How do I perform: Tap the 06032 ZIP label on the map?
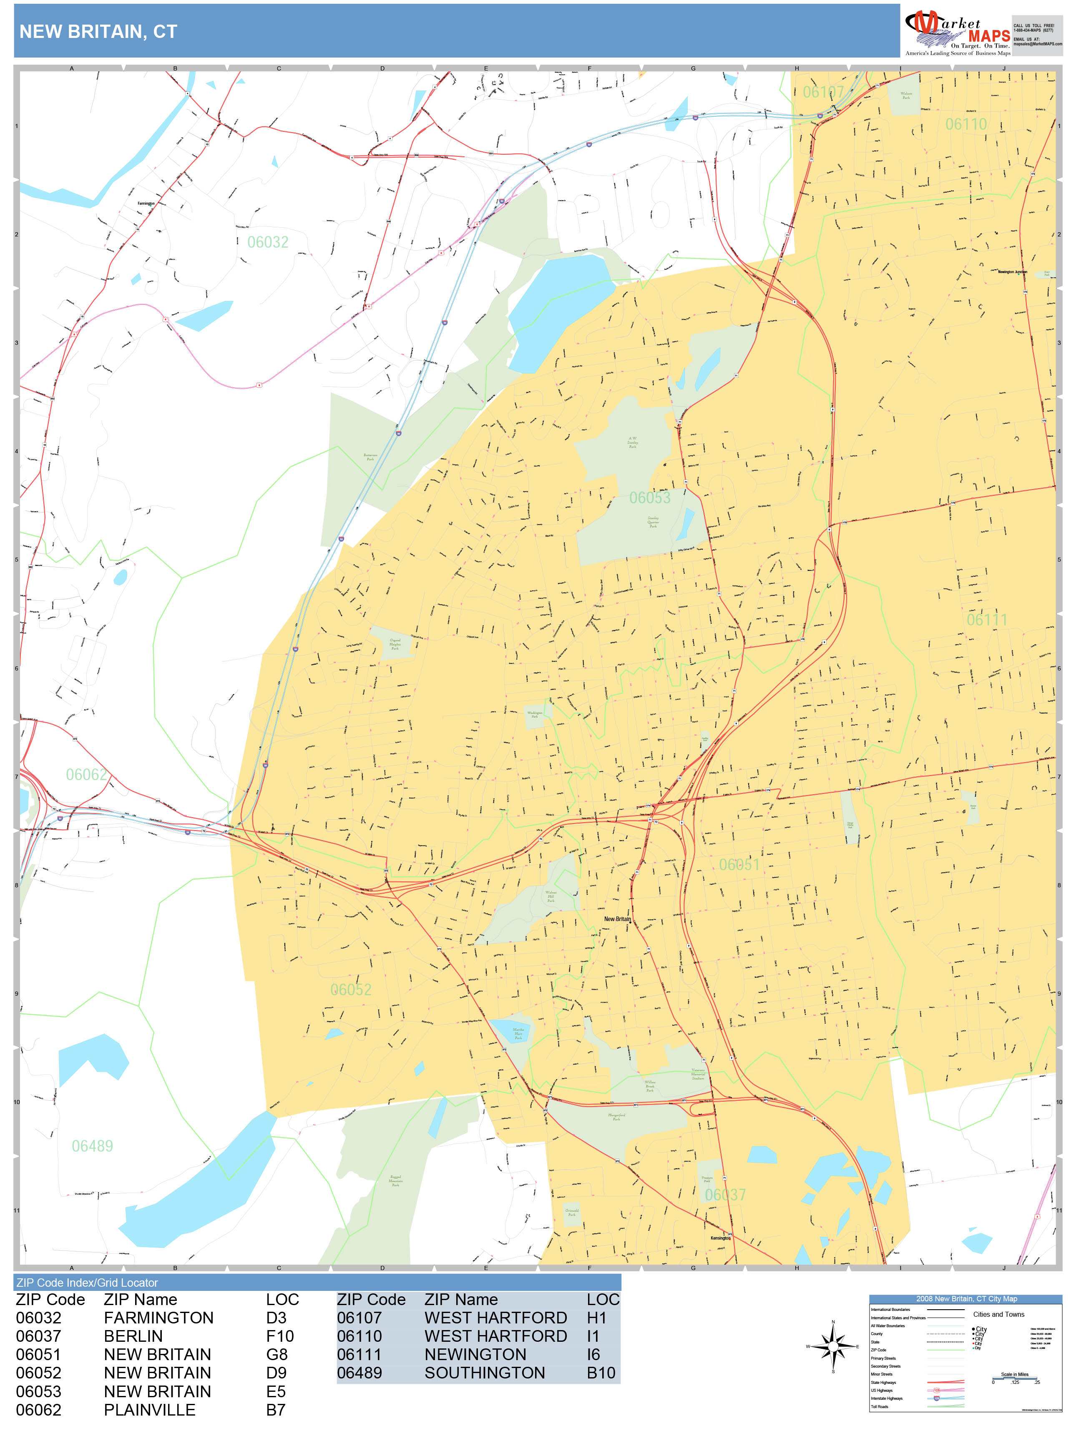[267, 242]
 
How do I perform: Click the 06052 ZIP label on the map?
[351, 989]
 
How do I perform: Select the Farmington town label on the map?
[146, 203]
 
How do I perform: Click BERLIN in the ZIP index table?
[133, 1336]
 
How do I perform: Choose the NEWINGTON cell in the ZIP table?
[475, 1354]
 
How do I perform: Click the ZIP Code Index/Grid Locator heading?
[87, 1283]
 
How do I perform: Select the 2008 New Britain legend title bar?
[965, 1298]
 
